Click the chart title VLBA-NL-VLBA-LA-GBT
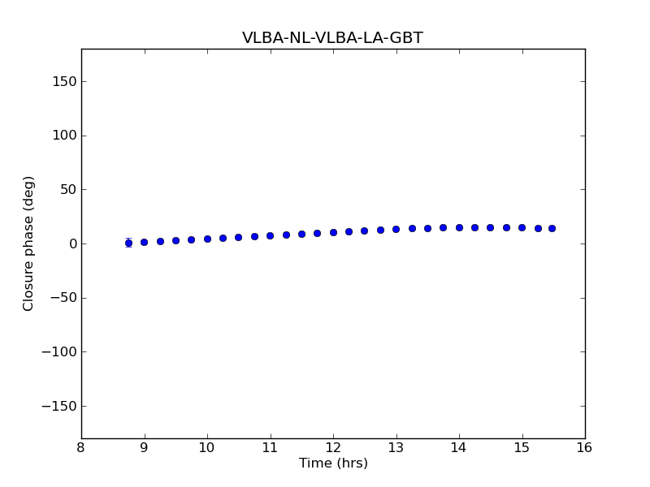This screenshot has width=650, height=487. click(332, 38)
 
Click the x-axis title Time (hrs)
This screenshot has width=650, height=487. click(333, 463)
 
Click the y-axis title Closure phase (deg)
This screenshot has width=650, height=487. click(29, 243)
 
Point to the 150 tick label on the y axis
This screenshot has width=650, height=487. click(65, 81)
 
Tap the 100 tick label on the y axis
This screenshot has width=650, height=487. click(65, 136)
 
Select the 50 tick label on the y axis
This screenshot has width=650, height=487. click(68, 189)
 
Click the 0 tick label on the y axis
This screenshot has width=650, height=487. click(72, 243)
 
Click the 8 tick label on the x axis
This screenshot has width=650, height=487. click(81, 448)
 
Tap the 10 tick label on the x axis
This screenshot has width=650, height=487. click(207, 448)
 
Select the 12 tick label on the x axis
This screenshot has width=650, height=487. click(333, 448)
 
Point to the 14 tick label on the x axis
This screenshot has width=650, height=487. click(459, 448)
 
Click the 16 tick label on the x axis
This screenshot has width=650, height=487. click(585, 448)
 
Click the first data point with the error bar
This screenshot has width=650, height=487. click(128, 243)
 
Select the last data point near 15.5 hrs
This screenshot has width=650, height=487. click(552, 228)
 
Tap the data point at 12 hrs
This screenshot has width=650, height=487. click(333, 232)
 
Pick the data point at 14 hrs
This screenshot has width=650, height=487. click(459, 227)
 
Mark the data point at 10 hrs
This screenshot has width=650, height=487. click(207, 239)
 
